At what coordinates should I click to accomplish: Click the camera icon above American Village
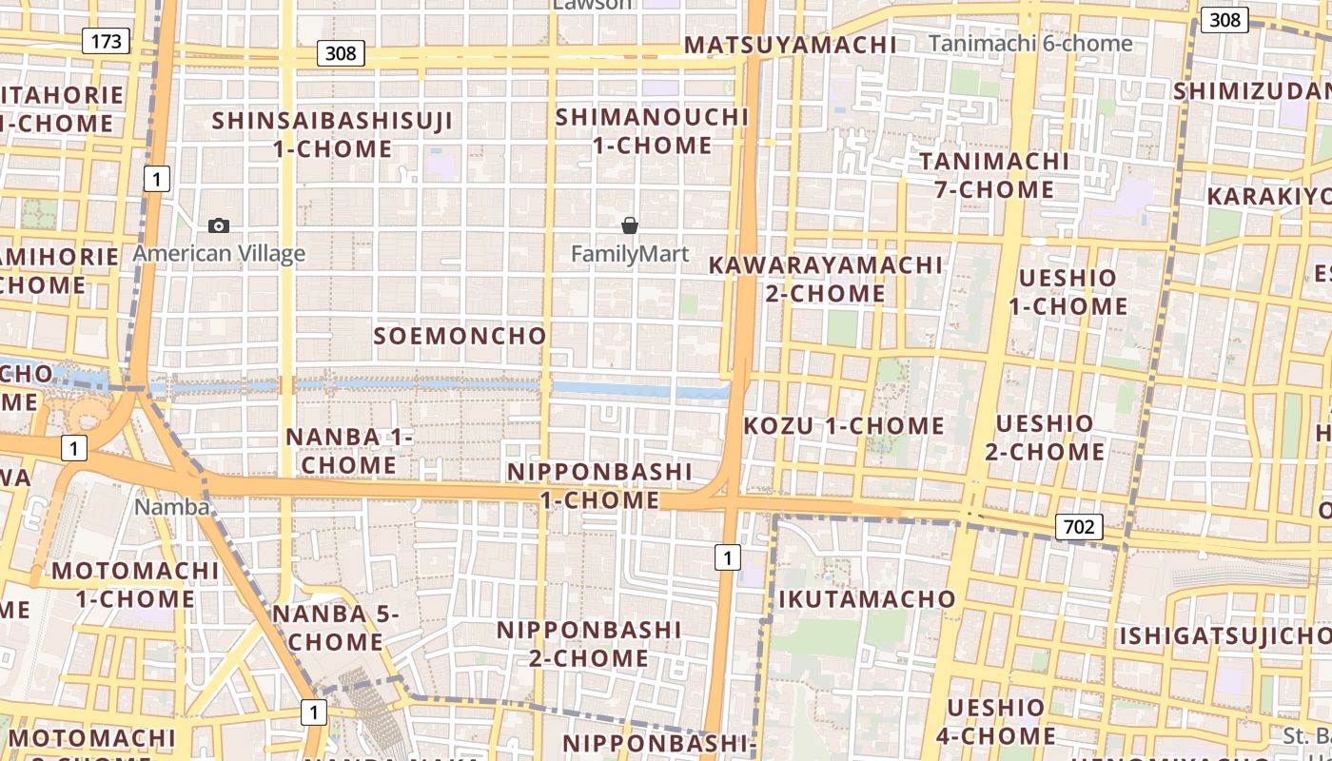tap(219, 225)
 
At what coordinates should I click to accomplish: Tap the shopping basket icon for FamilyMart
tap(629, 225)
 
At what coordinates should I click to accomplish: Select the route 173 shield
tap(106, 41)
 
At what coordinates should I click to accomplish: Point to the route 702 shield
tap(1078, 527)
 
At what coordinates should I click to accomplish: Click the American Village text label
tap(219, 253)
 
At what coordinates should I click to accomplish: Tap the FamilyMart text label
tap(629, 254)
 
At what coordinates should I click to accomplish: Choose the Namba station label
tap(171, 507)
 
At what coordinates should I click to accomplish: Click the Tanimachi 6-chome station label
tap(1030, 44)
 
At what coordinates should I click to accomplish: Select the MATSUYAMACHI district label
tap(790, 45)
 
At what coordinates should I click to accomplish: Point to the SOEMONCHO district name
tap(460, 336)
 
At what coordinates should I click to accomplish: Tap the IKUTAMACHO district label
tap(867, 599)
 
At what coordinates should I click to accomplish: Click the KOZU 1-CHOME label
tap(843, 425)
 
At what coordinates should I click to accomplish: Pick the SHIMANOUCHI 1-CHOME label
tap(652, 131)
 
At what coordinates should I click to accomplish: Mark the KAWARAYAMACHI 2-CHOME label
tap(826, 279)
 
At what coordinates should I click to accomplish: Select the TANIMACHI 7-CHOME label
tap(994, 175)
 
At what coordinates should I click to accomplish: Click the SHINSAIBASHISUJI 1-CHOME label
tap(332, 135)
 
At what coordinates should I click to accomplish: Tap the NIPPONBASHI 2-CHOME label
tap(589, 644)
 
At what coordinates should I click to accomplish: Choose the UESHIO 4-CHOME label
tap(995, 721)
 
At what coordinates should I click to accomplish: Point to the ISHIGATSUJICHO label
tap(1223, 635)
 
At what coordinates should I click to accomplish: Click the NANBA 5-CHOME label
tap(335, 628)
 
